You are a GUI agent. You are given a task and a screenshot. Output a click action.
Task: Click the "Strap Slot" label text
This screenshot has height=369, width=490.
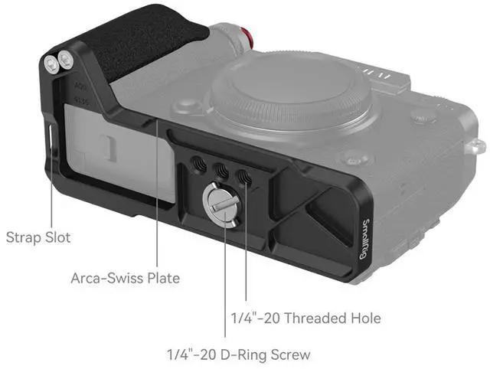coord(38,237)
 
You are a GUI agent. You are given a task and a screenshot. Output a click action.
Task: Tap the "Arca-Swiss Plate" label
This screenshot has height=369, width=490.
coord(126,278)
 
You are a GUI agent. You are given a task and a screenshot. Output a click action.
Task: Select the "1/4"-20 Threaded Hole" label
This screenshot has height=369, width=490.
coord(306,318)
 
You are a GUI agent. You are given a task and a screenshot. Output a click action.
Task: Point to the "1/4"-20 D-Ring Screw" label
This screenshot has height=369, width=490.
coord(239,355)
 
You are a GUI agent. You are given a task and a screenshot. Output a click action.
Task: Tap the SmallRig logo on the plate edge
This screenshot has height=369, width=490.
coord(364,239)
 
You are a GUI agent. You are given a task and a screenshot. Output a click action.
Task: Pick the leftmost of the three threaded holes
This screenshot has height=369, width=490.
coord(199,165)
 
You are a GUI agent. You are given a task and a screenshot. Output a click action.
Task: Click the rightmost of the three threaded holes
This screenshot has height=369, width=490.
coord(244,178)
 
